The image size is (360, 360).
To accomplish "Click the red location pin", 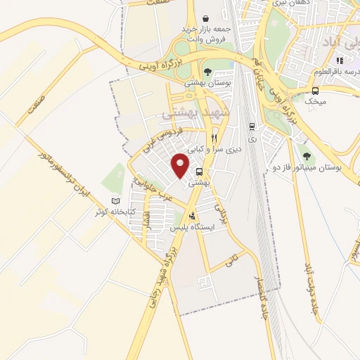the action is (x=181, y=165).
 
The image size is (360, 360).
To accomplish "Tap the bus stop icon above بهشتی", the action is (x=200, y=172).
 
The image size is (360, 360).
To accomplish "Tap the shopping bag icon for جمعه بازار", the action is (x=205, y=18).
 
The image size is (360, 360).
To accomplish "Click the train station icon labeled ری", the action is (x=251, y=127).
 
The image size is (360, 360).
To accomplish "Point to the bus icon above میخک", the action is (x=315, y=91).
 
